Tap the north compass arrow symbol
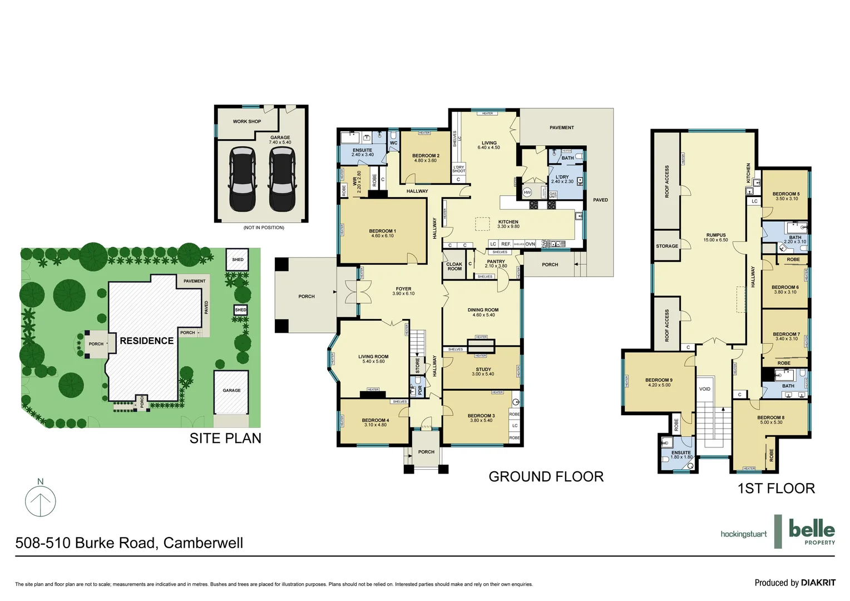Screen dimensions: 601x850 41,501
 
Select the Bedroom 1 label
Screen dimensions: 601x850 382,231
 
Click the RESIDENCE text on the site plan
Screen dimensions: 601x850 147,341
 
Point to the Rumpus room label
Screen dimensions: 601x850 715,235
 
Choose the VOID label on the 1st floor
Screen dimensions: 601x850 704,389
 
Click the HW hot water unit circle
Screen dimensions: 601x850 527,192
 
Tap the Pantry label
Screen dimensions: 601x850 496,262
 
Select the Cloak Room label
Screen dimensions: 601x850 454,267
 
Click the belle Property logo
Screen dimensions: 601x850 812,531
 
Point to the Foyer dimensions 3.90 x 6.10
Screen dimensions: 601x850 403,294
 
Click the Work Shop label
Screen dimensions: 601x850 246,121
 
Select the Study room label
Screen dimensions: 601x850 483,370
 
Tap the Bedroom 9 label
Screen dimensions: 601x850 659,380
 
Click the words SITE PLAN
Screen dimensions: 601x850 225,439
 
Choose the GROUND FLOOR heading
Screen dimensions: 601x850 546,477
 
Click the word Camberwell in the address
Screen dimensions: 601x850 203,543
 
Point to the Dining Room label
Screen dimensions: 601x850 483,310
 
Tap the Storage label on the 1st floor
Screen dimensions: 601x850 666,246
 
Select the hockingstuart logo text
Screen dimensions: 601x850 743,534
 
